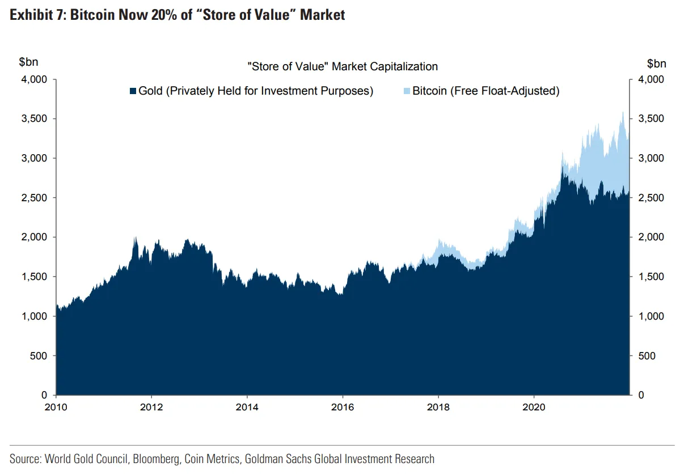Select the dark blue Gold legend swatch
[x=133, y=91]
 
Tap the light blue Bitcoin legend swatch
[x=407, y=91]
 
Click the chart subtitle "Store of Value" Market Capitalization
[x=343, y=66]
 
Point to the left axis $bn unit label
[x=28, y=62]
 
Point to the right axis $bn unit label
[x=657, y=62]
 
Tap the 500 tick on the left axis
[x=40, y=356]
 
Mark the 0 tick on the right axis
[x=641, y=395]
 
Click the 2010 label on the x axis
[x=56, y=406]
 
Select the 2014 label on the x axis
[x=247, y=406]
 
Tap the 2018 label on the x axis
[x=438, y=406]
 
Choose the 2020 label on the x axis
[x=534, y=406]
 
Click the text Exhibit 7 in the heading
[x=35, y=15]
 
